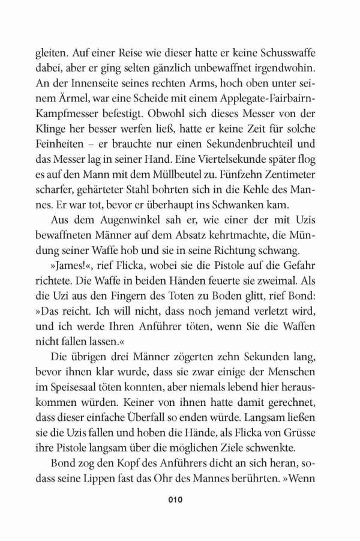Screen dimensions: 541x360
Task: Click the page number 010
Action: [179, 499]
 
